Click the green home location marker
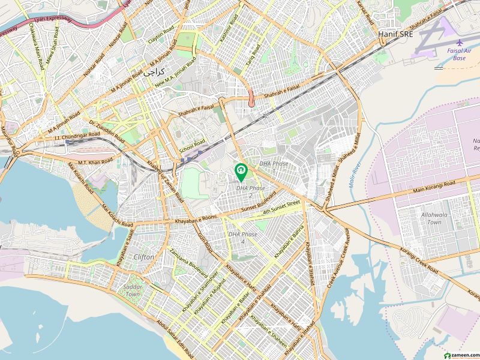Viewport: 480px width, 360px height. pyautogui.click(x=241, y=172)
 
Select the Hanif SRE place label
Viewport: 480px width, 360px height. pyautogui.click(x=396, y=35)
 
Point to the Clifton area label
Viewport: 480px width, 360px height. pyautogui.click(x=144, y=257)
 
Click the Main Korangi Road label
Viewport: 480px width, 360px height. pyautogui.click(x=433, y=187)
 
